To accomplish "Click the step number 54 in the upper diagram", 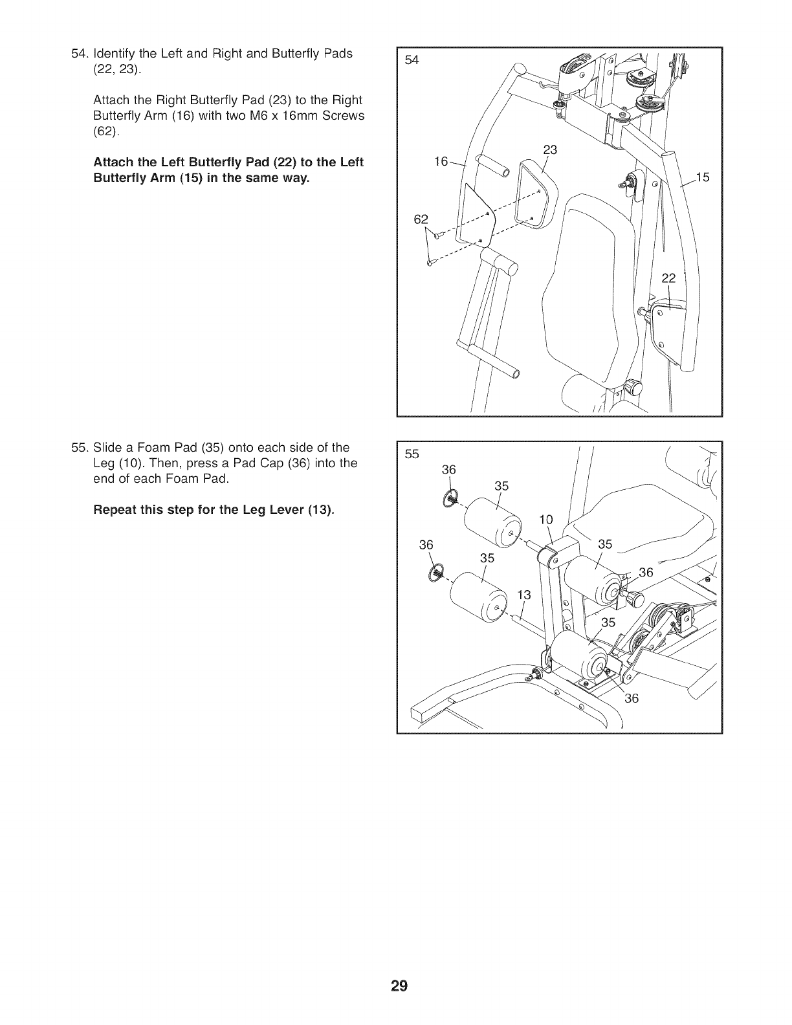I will (412, 61).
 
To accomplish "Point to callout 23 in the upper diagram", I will (550, 150).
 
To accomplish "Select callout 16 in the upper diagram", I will (441, 162).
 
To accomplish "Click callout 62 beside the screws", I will (421, 219).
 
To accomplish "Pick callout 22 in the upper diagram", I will (668, 278).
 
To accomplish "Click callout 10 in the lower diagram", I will (546, 519).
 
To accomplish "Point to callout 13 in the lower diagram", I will (523, 595).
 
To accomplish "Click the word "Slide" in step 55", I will (107, 448).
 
